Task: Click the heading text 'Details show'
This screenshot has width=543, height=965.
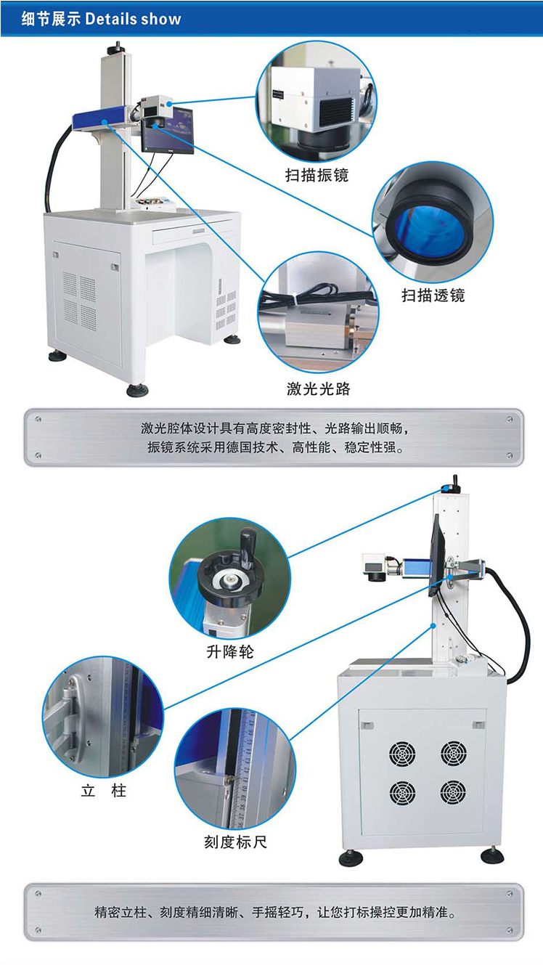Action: [x=133, y=19]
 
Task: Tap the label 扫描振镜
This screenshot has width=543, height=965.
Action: [x=317, y=175]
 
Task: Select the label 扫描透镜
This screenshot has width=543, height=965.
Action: [x=433, y=295]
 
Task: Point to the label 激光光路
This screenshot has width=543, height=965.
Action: [x=318, y=388]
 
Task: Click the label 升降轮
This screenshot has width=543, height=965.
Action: [x=230, y=651]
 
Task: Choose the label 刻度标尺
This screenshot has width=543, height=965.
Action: [x=235, y=842]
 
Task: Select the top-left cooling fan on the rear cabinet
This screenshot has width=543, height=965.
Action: [x=402, y=754]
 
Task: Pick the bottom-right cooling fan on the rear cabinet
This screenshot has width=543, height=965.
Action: [x=453, y=791]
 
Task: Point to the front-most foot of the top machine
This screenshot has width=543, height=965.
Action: [x=137, y=390]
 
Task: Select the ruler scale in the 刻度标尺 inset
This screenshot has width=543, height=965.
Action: [x=246, y=771]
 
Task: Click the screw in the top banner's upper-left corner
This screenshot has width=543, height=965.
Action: [x=38, y=419]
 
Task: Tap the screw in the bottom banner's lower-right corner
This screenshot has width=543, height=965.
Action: [x=510, y=930]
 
